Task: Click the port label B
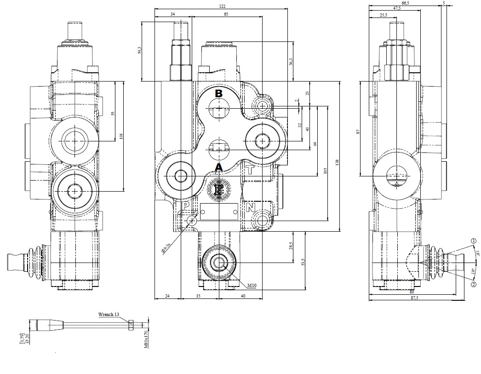(x=219, y=93)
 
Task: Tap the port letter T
(x=250, y=169)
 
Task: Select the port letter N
(x=250, y=208)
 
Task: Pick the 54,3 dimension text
(x=140, y=50)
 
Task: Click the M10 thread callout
(x=251, y=286)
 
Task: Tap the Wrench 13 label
(x=109, y=314)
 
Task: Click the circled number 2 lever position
(x=473, y=285)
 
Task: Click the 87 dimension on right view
(x=358, y=132)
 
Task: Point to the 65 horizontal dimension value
(x=226, y=14)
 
